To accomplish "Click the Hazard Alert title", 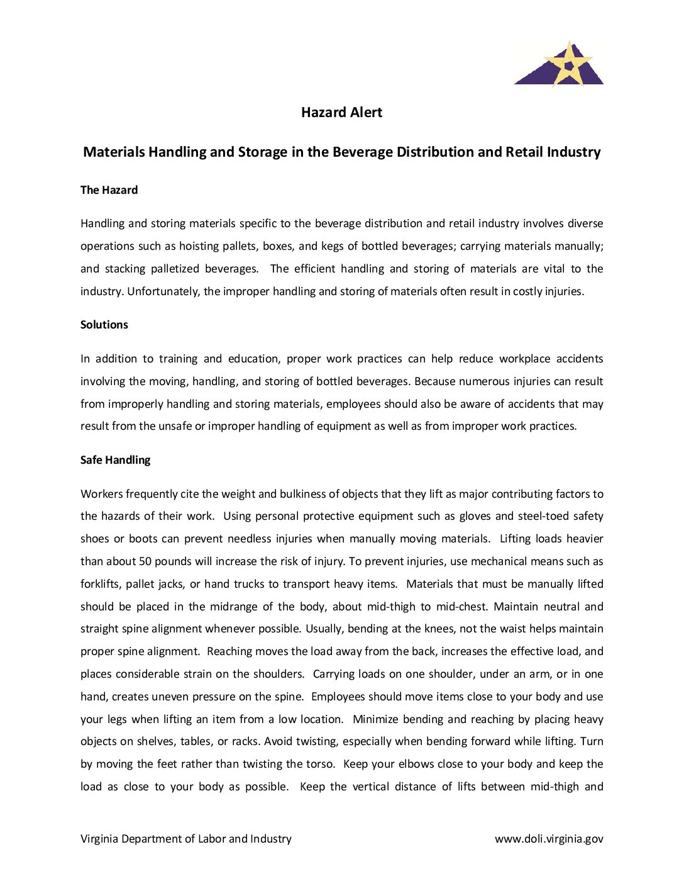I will click(341, 113).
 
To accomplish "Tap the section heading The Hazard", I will click(109, 190).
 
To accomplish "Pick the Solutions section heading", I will click(104, 325).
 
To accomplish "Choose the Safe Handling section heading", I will click(115, 460).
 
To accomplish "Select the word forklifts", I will click(99, 584).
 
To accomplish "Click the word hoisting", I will click(200, 246).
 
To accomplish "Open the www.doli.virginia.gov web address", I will click(549, 839).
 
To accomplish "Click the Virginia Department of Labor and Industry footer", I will click(186, 839).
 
